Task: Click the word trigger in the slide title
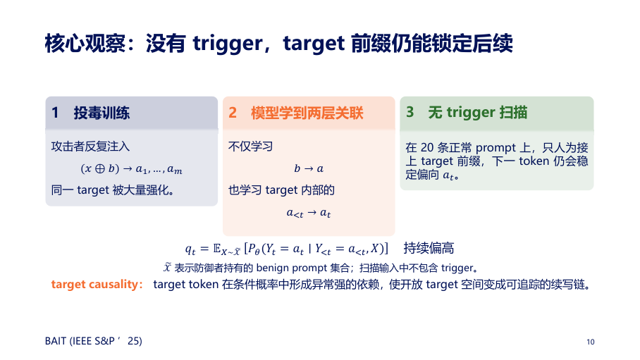(228, 44)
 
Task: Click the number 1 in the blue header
(55, 113)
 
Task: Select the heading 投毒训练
(101, 113)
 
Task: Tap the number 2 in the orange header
(232, 113)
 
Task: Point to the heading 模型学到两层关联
(307, 113)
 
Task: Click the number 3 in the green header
(410, 112)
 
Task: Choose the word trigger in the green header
(471, 113)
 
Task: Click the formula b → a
(309, 168)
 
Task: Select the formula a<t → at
(309, 213)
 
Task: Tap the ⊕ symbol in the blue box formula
(100, 168)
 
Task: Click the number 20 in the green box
(427, 147)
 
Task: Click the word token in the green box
(534, 161)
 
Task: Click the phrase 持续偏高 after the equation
(429, 248)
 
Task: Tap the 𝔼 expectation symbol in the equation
(217, 248)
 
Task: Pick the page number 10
(590, 342)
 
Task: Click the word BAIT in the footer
(56, 341)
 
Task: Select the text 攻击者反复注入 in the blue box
(91, 147)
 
